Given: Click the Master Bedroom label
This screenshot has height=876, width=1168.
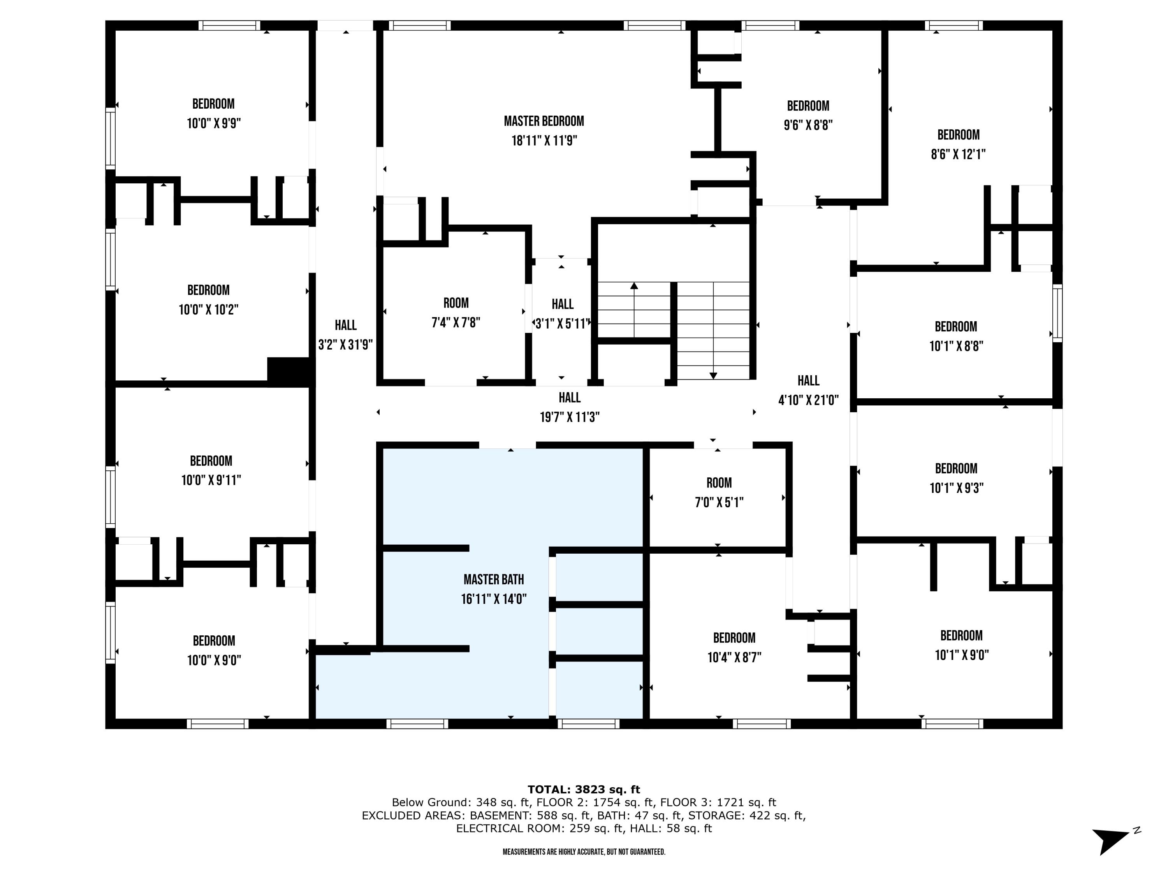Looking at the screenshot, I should pyautogui.click(x=544, y=121).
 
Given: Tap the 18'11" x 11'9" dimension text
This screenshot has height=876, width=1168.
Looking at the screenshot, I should pyautogui.click(x=544, y=141).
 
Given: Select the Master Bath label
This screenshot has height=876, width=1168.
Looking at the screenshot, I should pyautogui.click(x=494, y=580).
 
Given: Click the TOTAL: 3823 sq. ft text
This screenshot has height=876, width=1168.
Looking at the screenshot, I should pyautogui.click(x=584, y=790).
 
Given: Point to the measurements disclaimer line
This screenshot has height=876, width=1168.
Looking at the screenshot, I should pyautogui.click(x=584, y=852).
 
